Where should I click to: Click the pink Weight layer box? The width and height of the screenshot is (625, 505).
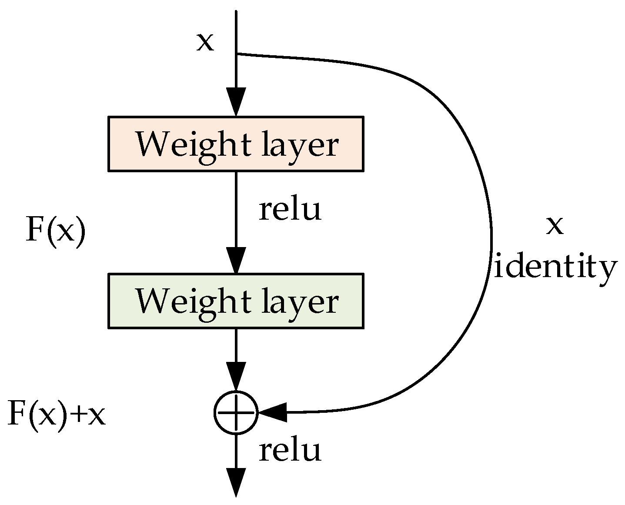point(235,144)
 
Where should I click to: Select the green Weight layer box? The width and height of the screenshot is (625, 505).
point(235,301)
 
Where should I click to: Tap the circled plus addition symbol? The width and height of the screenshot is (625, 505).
point(236,412)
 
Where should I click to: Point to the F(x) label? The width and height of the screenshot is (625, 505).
point(56,231)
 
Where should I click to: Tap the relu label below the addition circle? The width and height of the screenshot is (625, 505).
point(290,450)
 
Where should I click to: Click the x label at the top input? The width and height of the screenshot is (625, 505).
point(205,42)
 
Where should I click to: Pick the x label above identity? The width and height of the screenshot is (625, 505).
point(555,225)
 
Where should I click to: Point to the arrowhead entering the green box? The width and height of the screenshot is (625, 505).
point(236,260)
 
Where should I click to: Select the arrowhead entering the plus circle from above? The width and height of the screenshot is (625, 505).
point(236,377)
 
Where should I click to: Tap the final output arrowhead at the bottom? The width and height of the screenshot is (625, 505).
point(236,482)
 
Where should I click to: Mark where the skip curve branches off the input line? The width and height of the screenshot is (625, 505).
point(236,54)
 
